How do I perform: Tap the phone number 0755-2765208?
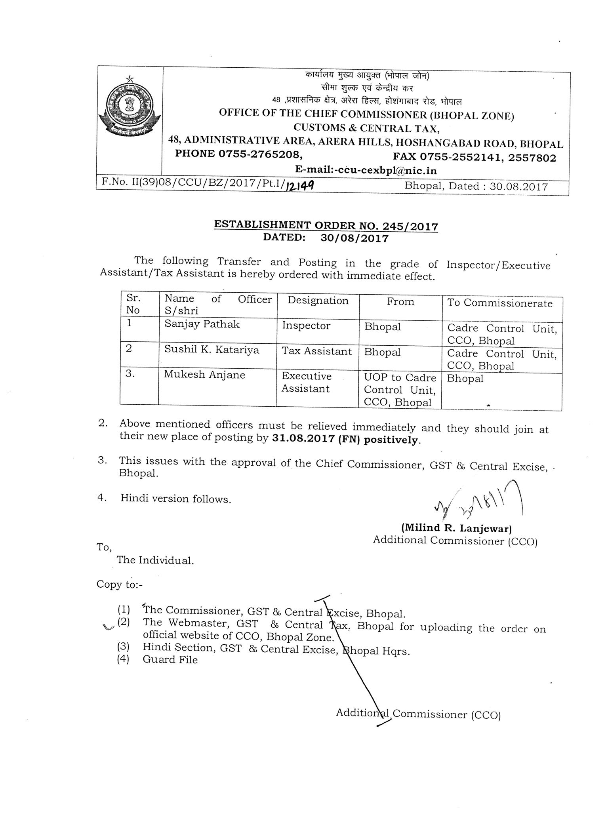tap(261, 154)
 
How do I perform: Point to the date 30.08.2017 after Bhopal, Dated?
tap(518, 187)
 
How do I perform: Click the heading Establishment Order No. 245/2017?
tap(326, 226)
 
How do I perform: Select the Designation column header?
tap(318, 301)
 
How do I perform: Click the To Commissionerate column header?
tap(499, 303)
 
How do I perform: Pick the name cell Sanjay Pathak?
tap(202, 324)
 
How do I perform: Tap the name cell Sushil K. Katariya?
tap(212, 350)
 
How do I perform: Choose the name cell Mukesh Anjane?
tap(205, 375)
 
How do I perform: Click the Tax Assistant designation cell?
tap(317, 351)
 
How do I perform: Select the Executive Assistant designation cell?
tap(306, 382)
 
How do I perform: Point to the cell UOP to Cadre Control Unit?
tap(400, 390)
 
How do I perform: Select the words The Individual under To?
tap(155, 560)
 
